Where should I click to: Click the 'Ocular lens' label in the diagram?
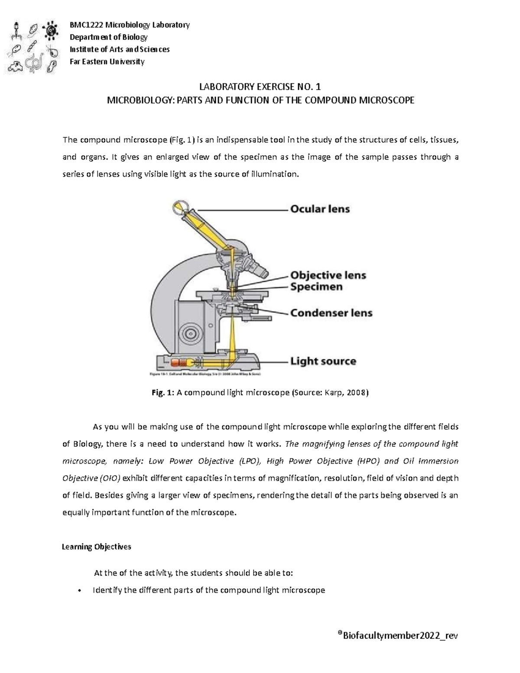320,209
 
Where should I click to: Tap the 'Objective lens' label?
328,275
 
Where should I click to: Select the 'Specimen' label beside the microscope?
316,287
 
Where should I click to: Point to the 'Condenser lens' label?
331,313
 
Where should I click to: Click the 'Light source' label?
323,361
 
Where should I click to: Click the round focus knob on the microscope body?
189,334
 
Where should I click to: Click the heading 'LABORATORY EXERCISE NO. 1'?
260,86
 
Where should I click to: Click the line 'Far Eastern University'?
107,62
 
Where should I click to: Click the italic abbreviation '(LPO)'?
250,461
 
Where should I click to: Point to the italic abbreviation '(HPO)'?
368,461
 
